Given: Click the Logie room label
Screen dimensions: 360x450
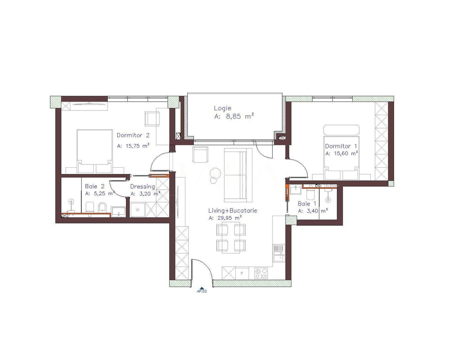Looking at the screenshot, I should (222, 108).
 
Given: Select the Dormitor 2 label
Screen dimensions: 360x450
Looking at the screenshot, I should (133, 135).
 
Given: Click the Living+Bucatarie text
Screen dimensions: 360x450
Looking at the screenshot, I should (233, 211).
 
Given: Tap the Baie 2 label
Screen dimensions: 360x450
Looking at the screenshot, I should (95, 186).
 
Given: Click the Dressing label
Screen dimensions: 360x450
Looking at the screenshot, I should (142, 187).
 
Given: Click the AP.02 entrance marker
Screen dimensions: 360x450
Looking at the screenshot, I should (202, 290).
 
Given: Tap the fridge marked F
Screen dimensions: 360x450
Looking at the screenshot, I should (242, 274).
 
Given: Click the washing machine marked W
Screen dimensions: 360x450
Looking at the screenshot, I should (137, 210).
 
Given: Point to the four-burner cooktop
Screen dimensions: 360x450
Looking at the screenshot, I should (261, 274).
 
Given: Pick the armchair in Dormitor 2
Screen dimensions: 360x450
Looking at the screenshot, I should (152, 118).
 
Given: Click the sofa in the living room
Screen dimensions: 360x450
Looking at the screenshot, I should (238, 175).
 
